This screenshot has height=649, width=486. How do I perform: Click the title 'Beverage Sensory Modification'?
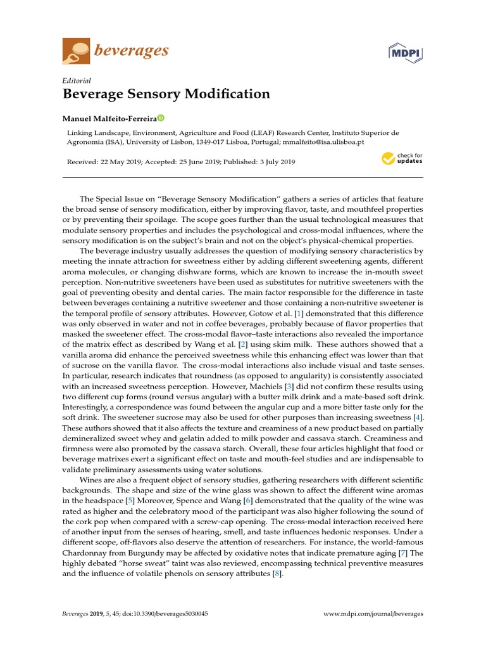[166, 94]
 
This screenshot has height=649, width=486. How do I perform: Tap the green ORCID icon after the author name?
[161, 118]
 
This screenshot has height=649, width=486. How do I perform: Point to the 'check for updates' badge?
[402, 158]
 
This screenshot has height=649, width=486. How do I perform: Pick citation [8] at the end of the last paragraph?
[276, 574]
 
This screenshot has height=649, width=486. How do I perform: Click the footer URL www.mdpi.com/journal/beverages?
[373, 614]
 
